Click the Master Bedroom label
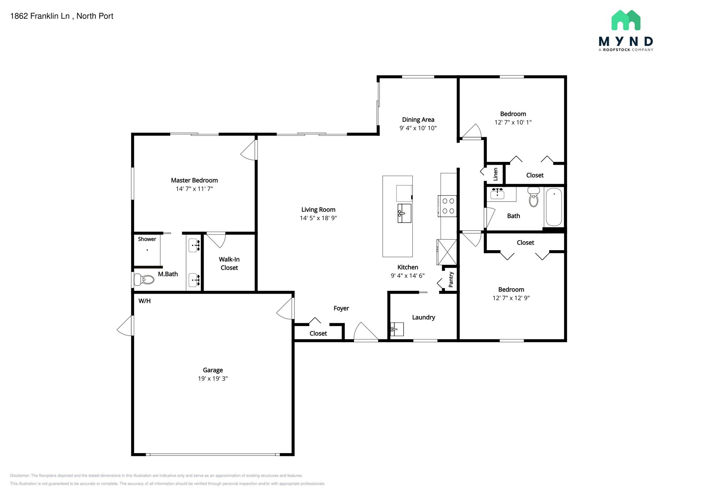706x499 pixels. (x=194, y=180)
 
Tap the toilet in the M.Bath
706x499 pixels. (x=144, y=279)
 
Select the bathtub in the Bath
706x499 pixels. (x=554, y=207)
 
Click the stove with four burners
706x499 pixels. (x=448, y=206)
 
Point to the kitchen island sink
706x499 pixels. (x=404, y=213)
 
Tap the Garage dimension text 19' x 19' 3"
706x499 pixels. (x=213, y=378)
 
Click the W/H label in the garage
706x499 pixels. (x=144, y=301)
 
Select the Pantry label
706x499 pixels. (x=451, y=279)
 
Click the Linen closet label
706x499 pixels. (x=495, y=174)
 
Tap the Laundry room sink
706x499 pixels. (x=397, y=329)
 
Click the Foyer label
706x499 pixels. (x=341, y=308)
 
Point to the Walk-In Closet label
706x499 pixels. (x=229, y=264)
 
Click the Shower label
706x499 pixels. (x=147, y=239)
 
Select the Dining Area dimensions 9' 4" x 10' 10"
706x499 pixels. (x=418, y=128)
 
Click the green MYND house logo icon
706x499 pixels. (x=626, y=20)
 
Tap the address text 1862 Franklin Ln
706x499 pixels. (x=40, y=16)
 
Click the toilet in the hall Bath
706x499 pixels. (x=534, y=197)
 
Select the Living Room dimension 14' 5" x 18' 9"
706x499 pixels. (x=318, y=218)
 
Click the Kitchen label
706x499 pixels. (x=408, y=267)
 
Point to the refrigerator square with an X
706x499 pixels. (x=447, y=252)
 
